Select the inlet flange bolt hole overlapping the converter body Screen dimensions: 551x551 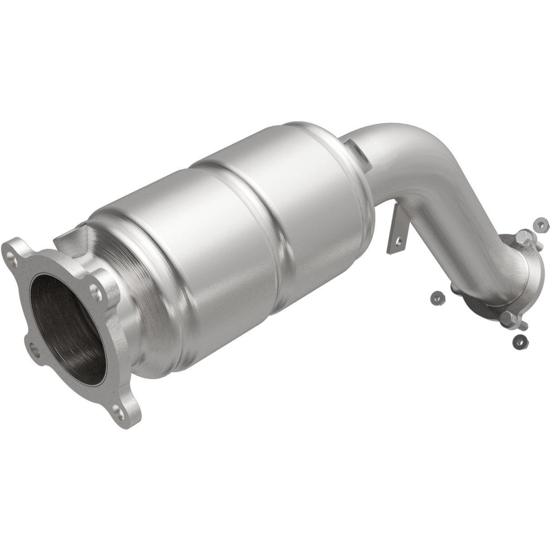(x=94, y=288)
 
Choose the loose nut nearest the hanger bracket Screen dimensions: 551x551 (x=439, y=297)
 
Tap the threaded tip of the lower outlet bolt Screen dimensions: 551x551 (x=525, y=325)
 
